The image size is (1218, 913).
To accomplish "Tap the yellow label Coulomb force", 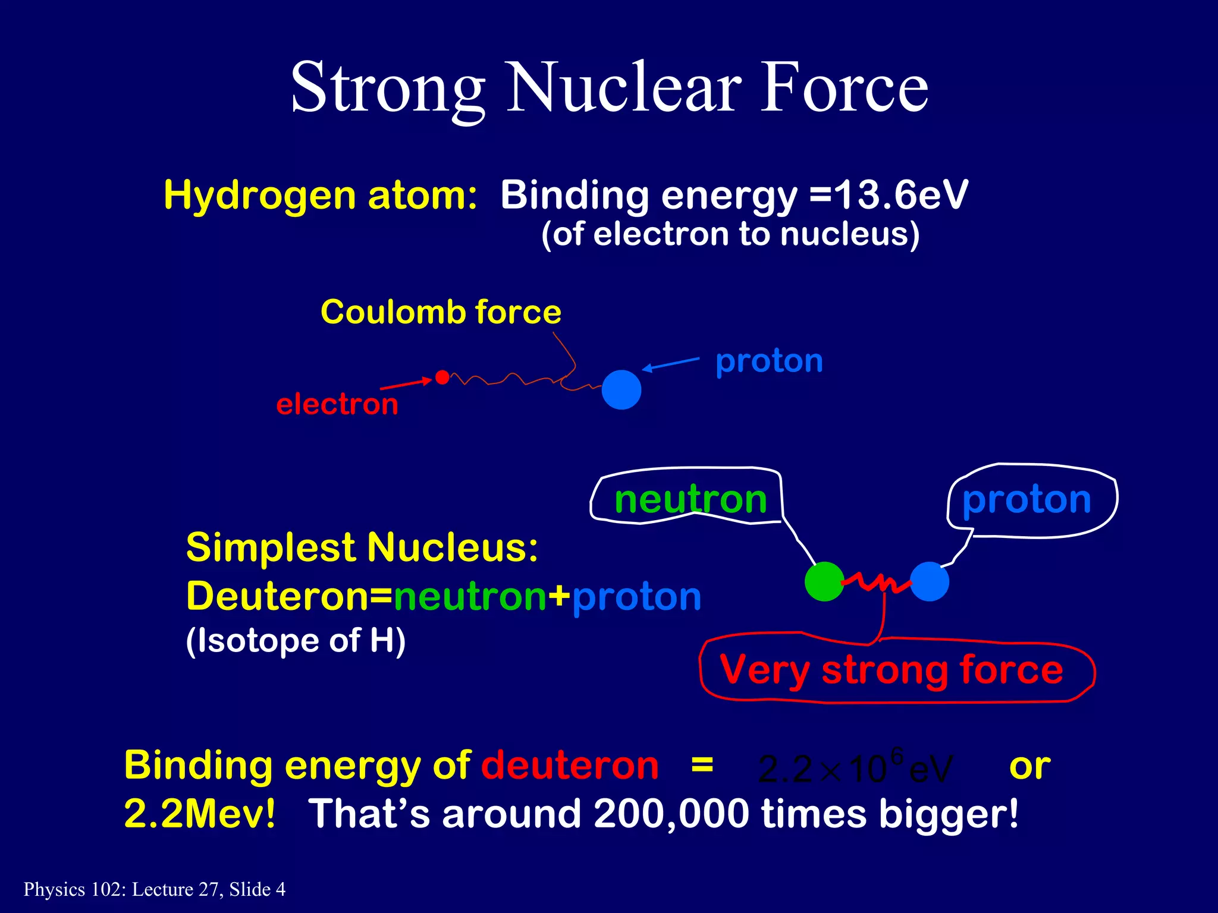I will click(441, 312).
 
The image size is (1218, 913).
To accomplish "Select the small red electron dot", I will click(442, 377).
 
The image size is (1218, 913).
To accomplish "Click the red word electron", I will click(337, 404).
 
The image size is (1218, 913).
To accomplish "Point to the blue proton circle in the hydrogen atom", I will click(621, 390).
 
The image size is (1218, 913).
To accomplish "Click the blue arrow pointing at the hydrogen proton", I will click(671, 364).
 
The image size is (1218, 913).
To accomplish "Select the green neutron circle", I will click(824, 581).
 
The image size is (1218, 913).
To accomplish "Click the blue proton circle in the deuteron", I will click(929, 581).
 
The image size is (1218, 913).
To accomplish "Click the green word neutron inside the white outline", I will click(690, 499).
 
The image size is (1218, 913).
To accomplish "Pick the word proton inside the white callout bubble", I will click(1026, 499).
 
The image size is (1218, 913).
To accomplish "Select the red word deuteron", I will click(570, 765).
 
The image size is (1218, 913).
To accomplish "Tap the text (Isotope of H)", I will click(296, 641).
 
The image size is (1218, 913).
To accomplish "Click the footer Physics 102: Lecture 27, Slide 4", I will click(155, 889).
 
